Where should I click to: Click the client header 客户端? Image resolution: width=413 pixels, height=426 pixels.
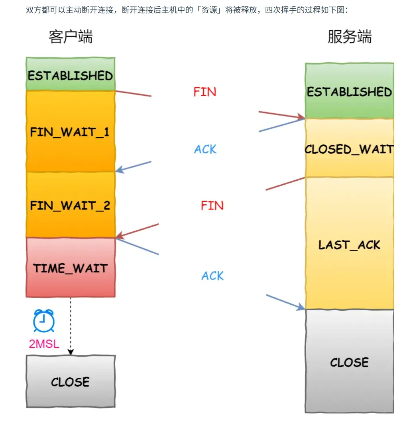[71, 37]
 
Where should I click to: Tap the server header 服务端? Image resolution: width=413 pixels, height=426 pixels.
[350, 37]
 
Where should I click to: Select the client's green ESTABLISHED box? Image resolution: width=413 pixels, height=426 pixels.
[71, 75]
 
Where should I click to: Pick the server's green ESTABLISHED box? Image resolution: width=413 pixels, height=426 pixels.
[350, 91]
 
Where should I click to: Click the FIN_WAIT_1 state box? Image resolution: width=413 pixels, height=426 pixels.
[71, 132]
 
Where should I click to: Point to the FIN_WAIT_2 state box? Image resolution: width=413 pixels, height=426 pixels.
[71, 205]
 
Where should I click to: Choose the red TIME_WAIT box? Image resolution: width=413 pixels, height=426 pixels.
[71, 268]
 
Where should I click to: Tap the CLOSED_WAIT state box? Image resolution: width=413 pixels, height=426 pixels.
[350, 149]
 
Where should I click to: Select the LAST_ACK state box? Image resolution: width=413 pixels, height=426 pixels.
[350, 244]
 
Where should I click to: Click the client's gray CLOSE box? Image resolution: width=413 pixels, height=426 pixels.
[71, 381]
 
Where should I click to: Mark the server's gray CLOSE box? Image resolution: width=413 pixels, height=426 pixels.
[350, 362]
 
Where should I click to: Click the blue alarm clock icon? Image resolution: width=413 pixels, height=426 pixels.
[43, 321]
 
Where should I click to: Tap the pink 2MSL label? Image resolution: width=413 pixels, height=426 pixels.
[44, 343]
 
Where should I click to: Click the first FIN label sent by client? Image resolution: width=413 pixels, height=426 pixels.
[205, 92]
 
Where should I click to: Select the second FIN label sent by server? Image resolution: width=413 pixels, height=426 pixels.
[212, 205]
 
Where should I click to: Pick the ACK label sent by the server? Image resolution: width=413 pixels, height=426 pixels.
[205, 149]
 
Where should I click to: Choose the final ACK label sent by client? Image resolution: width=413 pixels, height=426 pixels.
[212, 276]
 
